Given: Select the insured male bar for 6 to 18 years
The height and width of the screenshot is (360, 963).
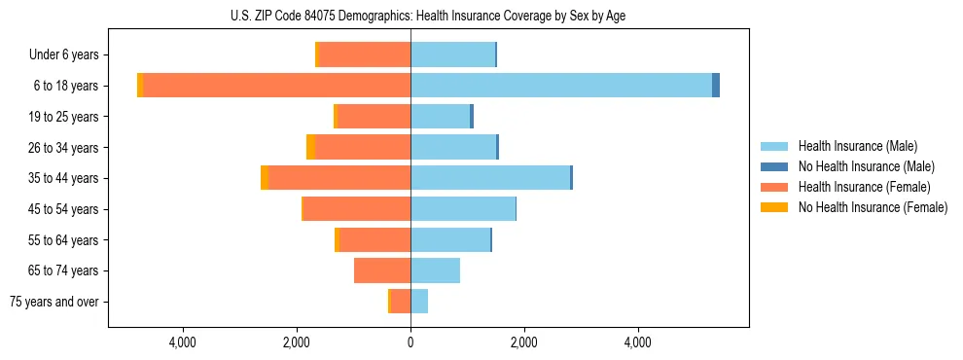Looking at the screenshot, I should (x=561, y=86).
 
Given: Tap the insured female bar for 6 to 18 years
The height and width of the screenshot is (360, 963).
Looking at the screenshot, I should (x=276, y=86).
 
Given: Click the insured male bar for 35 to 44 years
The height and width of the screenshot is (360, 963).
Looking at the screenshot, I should (x=490, y=178).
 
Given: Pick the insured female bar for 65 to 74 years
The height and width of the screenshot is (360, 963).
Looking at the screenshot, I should (x=382, y=270).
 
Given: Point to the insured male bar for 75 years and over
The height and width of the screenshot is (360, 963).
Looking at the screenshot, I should (x=419, y=302).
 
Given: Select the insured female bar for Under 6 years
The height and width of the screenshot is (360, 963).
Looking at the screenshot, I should (x=365, y=54).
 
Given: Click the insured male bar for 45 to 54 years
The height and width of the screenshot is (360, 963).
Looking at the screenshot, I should (x=463, y=209).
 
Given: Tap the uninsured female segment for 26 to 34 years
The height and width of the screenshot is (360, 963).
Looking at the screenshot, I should (x=310, y=147).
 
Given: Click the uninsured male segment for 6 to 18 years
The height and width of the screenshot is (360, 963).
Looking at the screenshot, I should (x=716, y=86).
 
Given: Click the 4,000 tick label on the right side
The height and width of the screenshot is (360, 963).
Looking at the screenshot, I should (x=638, y=342).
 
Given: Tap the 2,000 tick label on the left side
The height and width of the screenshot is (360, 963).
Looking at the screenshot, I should (x=297, y=342).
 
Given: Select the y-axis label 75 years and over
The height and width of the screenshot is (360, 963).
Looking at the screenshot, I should (x=54, y=302).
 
